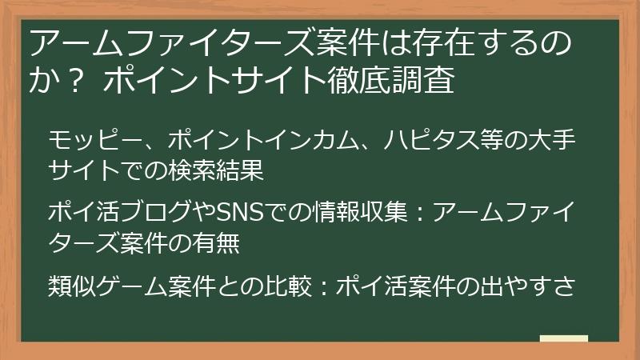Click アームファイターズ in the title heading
pyautogui.click(x=159, y=42)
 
